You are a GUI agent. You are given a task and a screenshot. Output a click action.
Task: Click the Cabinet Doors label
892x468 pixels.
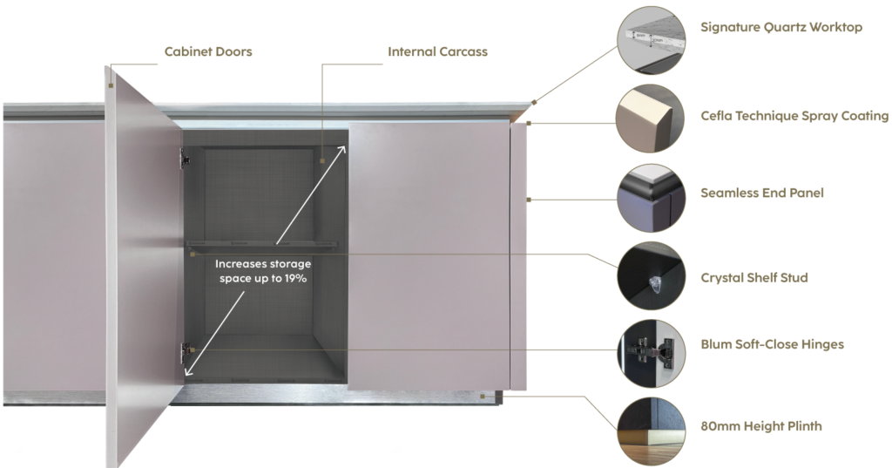click(208, 51)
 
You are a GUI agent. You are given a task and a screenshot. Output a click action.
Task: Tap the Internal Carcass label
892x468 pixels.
click(437, 51)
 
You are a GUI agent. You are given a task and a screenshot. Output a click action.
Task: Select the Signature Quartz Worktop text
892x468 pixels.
click(781, 27)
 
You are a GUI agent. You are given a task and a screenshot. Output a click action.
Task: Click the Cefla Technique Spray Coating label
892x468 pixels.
click(794, 116)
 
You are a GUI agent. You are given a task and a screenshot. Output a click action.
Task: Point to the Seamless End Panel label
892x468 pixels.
click(761, 193)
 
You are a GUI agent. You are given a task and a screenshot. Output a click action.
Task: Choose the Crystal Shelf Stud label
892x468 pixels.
click(753, 278)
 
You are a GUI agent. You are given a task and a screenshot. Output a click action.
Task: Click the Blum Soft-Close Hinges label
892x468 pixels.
click(772, 344)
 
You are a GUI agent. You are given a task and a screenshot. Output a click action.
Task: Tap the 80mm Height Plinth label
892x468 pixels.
click(761, 426)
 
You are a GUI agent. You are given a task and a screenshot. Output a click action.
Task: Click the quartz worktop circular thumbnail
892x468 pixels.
click(652, 40)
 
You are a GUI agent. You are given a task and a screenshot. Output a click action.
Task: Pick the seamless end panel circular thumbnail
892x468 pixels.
click(652, 198)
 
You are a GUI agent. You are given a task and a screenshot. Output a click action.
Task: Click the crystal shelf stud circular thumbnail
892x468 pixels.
click(652, 276)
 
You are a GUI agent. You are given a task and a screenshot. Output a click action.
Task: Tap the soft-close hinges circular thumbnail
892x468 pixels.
click(652, 354)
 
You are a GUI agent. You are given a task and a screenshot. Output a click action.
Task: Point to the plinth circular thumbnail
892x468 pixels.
click(652, 431)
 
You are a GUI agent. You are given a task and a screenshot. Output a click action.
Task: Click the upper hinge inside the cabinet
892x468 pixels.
click(185, 158)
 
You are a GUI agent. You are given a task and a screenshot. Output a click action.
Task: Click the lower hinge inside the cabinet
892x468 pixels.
click(186, 353)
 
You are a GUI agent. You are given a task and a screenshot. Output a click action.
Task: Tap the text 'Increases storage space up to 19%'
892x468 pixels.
click(263, 272)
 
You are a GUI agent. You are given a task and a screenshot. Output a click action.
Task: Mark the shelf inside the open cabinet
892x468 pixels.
click(262, 244)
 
